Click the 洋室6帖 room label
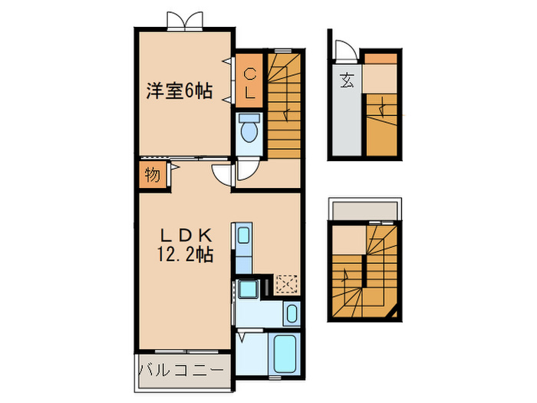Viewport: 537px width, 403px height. pos(180,91)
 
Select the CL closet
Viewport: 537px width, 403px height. pos(249,83)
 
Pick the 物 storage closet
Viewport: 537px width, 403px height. pos(151,176)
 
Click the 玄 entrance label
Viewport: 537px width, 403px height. pos(347,78)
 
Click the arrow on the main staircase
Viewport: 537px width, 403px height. pos(286,115)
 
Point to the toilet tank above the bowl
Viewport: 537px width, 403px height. pos(249,119)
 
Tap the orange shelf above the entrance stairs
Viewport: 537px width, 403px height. pos(381,58)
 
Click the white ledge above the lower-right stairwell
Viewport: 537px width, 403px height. pos(364,210)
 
